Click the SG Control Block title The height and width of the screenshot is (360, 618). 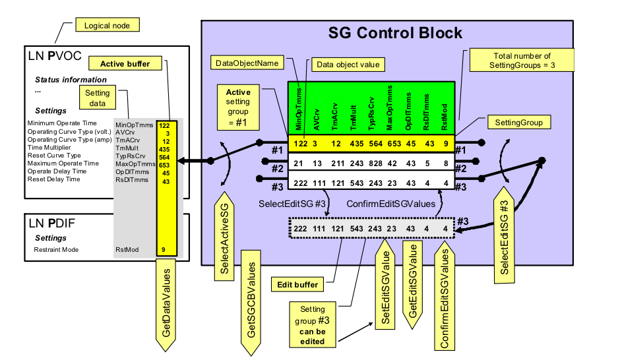(x=395, y=32)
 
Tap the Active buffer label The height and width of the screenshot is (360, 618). (x=125, y=64)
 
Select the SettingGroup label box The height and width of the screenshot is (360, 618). (x=518, y=123)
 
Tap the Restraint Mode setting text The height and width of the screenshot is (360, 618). (x=56, y=251)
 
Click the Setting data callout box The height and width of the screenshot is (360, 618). (x=98, y=98)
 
